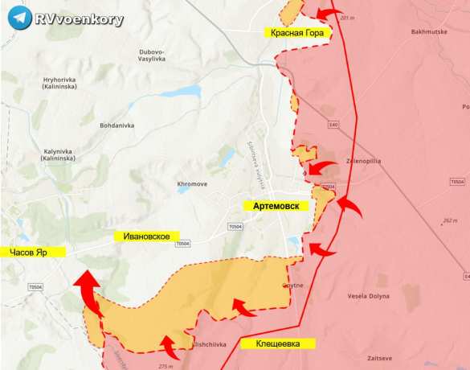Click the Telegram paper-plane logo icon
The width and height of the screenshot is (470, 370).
point(18,18)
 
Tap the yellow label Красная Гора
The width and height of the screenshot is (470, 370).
point(297,32)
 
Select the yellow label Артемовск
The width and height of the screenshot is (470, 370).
point(281,207)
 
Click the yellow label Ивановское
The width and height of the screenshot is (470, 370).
point(145,236)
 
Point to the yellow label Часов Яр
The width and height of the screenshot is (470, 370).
point(32,253)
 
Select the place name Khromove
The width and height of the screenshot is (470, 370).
point(192,184)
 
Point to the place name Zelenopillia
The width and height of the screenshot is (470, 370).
point(364,161)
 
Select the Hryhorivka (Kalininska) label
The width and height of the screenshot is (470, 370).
point(62,84)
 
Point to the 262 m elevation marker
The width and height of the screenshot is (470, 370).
point(449,220)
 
